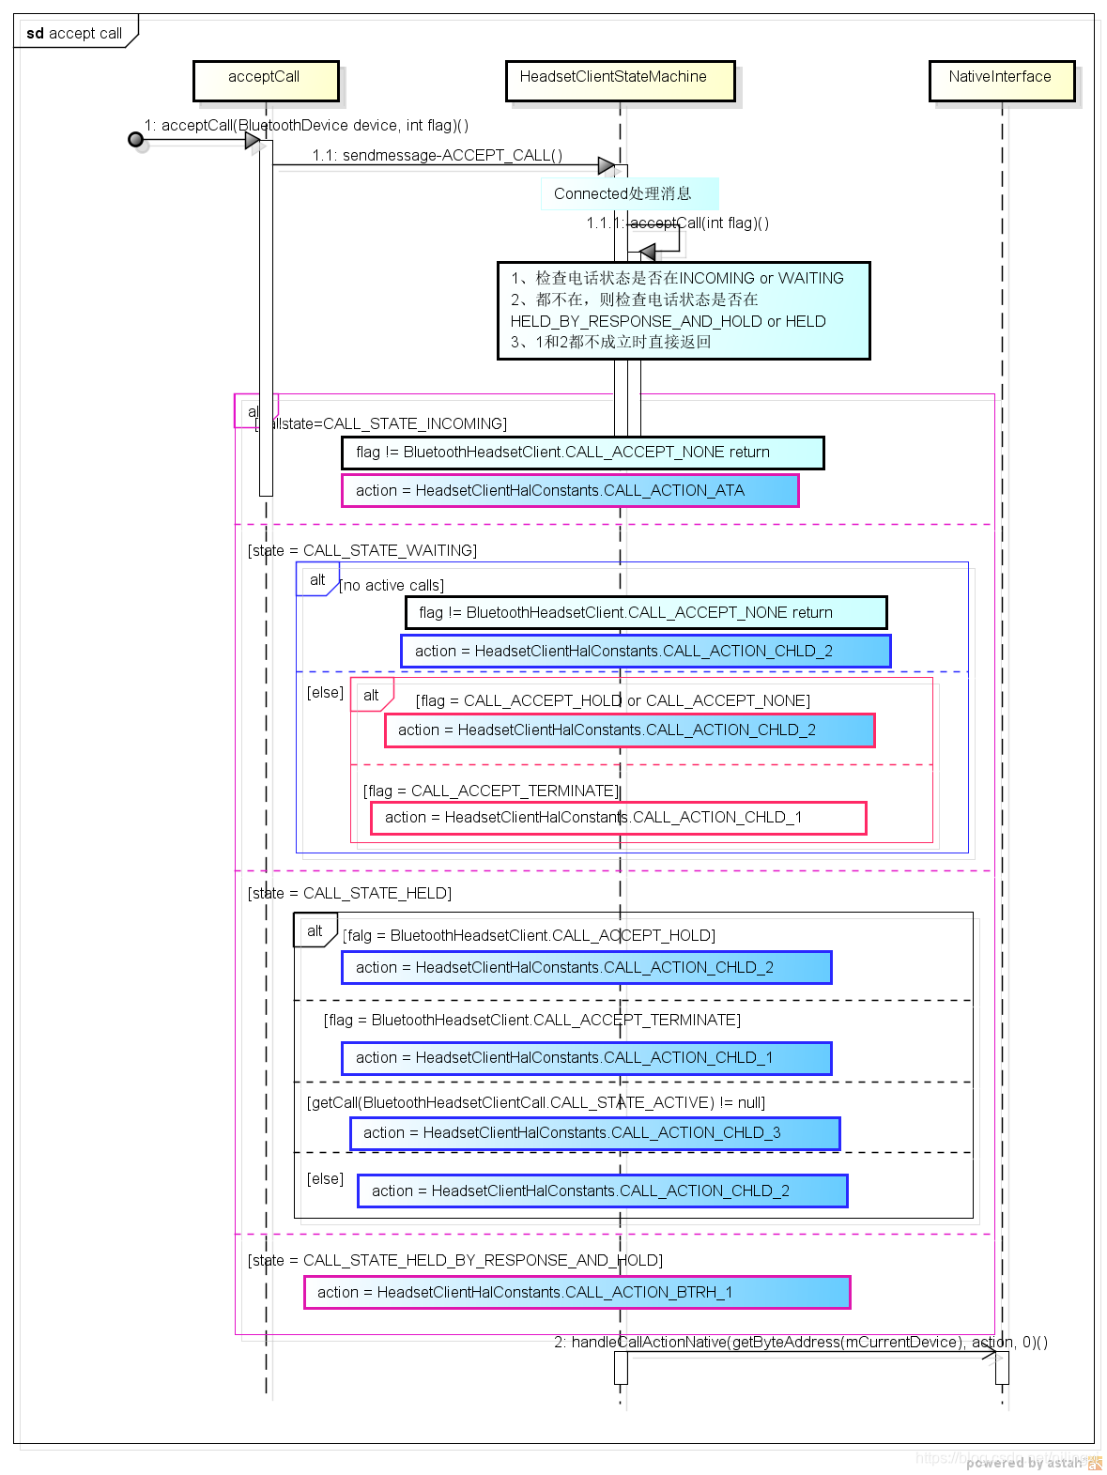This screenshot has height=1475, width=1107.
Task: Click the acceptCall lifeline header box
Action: coord(265,81)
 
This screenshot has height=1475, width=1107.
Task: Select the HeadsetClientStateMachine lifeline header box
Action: coord(619,81)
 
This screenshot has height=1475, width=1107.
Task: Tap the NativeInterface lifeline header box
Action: coord(1000,81)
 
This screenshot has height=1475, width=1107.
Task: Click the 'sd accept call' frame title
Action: coord(74,33)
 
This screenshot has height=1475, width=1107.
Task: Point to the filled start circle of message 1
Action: coord(136,140)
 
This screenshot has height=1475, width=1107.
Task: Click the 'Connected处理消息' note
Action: coord(629,193)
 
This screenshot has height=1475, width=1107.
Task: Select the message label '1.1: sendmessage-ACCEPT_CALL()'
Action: coord(438,155)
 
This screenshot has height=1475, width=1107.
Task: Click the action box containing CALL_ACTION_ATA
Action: coord(569,490)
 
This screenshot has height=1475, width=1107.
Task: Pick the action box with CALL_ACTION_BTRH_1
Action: coord(577,1292)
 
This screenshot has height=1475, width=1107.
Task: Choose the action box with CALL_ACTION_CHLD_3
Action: coord(594,1133)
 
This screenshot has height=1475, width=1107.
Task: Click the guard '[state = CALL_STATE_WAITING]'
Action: coord(362,550)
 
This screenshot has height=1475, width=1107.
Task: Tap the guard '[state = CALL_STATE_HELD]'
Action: coord(349,893)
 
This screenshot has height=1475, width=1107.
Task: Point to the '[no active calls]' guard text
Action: coord(392,585)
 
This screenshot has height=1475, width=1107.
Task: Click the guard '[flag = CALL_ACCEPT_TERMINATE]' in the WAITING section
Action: coord(491,791)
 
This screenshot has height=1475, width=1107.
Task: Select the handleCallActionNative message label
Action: coord(800,1342)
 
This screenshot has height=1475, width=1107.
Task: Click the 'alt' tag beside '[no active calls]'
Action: coord(317,579)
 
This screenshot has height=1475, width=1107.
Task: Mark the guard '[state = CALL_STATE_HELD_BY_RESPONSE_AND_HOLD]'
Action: coord(455,1260)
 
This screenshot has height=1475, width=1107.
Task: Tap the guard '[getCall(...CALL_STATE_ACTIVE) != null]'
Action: coord(536,1102)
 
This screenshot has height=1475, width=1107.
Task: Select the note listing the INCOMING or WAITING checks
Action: coord(684,310)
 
